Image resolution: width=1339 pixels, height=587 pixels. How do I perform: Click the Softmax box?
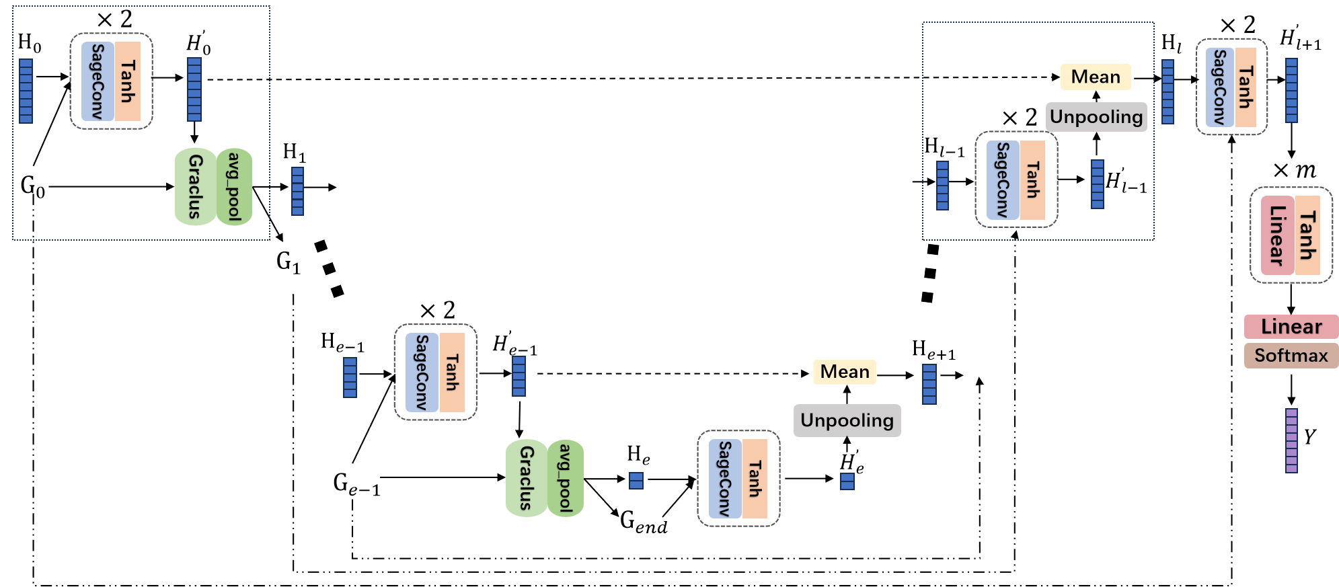pyautogui.click(x=1291, y=356)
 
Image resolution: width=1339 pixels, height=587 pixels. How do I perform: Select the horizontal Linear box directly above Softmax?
pyautogui.click(x=1291, y=327)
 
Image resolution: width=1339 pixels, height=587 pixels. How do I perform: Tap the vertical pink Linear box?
pyautogui.click(x=1277, y=235)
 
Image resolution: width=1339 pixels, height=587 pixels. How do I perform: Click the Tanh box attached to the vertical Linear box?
pyautogui.click(x=1307, y=235)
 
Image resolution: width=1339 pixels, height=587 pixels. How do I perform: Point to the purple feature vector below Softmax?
pyautogui.click(x=1291, y=440)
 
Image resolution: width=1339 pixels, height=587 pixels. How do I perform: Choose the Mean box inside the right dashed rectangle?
pyautogui.click(x=1096, y=77)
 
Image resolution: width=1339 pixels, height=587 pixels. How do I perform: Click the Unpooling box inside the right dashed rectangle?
pyautogui.click(x=1096, y=117)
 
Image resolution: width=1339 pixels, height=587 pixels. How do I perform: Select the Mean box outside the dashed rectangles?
pyautogui.click(x=845, y=372)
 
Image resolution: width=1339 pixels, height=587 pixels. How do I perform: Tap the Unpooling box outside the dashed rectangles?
pyautogui.click(x=847, y=421)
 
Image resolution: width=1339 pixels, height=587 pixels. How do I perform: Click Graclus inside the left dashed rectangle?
pyautogui.click(x=195, y=187)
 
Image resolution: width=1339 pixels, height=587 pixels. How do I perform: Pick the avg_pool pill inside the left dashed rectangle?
pyautogui.click(x=234, y=187)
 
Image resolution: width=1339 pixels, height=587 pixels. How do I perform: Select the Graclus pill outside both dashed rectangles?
pyautogui.click(x=526, y=478)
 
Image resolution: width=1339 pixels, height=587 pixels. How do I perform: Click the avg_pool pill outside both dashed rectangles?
pyautogui.click(x=565, y=478)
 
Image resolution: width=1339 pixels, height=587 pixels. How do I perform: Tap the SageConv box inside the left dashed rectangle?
pyautogui.click(x=98, y=81)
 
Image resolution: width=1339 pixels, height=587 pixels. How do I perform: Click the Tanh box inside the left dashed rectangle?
pyautogui.click(x=128, y=81)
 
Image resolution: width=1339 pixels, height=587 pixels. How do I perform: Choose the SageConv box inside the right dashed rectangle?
pyautogui.click(x=1003, y=180)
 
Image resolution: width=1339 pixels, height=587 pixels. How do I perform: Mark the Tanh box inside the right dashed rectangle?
pyautogui.click(x=1032, y=180)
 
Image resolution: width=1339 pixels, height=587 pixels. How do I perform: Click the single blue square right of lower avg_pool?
pyautogui.click(x=636, y=481)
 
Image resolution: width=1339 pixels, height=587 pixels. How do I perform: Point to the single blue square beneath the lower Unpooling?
pyautogui.click(x=847, y=481)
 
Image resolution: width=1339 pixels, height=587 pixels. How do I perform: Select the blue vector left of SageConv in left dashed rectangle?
pyautogui.click(x=26, y=91)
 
